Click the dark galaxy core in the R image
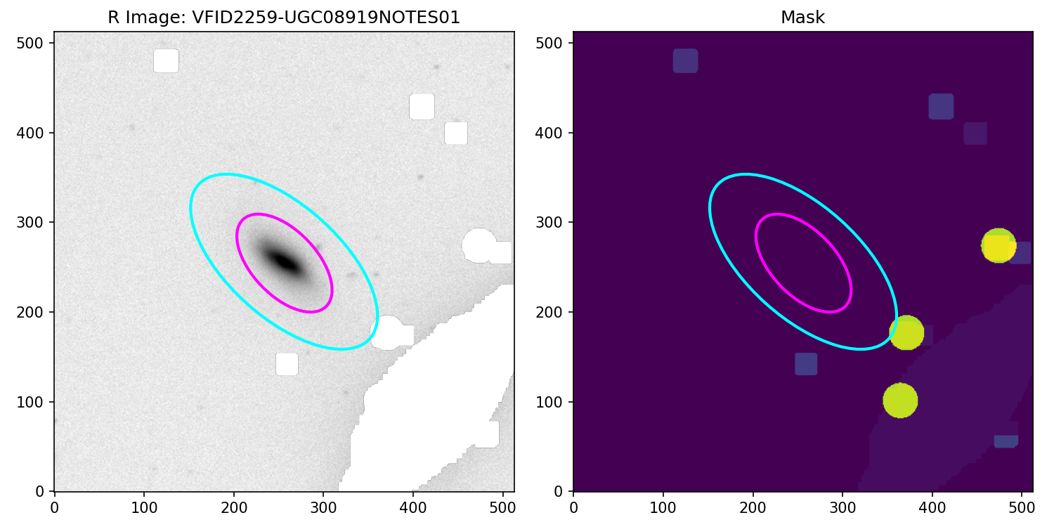click(x=285, y=262)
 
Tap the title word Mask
click(x=802, y=18)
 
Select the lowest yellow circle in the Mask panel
click(x=900, y=401)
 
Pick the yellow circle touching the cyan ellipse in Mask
click(x=906, y=332)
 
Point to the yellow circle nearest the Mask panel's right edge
click(x=998, y=246)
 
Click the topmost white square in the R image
click(x=166, y=61)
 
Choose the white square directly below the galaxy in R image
click(x=287, y=364)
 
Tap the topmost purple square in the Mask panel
click(x=685, y=61)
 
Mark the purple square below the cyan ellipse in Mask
click(x=806, y=364)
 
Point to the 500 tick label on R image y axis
click(x=35, y=43)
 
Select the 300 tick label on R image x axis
click(x=323, y=505)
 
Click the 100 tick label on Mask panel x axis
click(x=663, y=505)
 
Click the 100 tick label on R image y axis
click(x=35, y=402)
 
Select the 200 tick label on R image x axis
click(x=233, y=505)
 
